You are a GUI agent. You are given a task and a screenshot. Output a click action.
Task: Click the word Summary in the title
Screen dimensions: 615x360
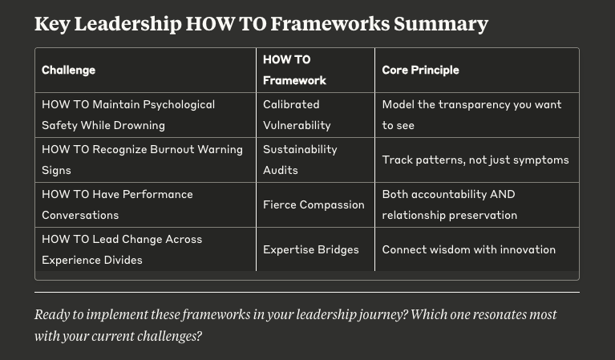pyautogui.click(x=441, y=24)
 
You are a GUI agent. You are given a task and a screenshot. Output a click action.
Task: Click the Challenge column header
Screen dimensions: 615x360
pyautogui.click(x=69, y=71)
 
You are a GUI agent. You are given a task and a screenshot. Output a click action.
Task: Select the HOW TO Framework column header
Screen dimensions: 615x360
pyautogui.click(x=294, y=71)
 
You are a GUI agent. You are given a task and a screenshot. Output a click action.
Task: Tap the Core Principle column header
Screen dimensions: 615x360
pyautogui.click(x=420, y=71)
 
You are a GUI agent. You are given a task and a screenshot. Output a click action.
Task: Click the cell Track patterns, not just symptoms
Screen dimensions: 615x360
pyautogui.click(x=475, y=160)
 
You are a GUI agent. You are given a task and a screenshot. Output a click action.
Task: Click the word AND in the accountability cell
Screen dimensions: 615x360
pyautogui.click(x=503, y=195)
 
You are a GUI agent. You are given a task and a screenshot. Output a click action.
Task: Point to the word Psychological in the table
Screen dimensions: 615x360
pyautogui.click(x=179, y=105)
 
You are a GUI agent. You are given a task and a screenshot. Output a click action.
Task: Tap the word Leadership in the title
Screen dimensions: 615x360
pyautogui.click(x=127, y=24)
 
